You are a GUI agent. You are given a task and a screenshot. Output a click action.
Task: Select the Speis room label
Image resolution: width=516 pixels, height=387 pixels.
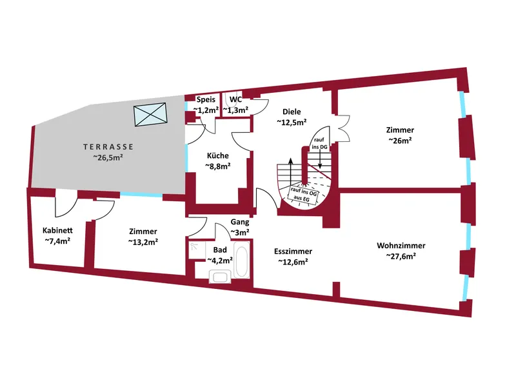click(x=207, y=100)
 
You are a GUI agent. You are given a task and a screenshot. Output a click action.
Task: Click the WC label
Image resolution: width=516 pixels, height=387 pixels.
click(x=235, y=100)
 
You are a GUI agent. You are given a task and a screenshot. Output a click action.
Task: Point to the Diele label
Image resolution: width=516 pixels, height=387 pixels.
click(x=292, y=112)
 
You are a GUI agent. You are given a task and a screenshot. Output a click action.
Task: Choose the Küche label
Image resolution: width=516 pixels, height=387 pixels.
click(x=217, y=155)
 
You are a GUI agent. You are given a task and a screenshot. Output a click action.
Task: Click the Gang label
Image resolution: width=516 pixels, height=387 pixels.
click(x=240, y=223)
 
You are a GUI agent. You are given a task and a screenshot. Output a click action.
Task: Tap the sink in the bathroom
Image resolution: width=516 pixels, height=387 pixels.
click(x=219, y=277)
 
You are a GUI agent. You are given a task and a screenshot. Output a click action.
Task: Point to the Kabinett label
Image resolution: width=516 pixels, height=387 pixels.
click(x=57, y=231)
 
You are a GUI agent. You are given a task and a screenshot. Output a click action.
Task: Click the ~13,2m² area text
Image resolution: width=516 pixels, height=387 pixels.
click(x=143, y=242)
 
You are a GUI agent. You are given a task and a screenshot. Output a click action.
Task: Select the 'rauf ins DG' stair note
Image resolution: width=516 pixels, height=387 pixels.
click(x=319, y=144)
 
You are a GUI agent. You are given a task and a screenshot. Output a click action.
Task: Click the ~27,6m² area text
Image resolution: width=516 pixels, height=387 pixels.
click(x=401, y=256)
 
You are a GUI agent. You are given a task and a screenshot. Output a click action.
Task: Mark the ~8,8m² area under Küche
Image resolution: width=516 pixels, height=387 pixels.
click(x=217, y=166)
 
